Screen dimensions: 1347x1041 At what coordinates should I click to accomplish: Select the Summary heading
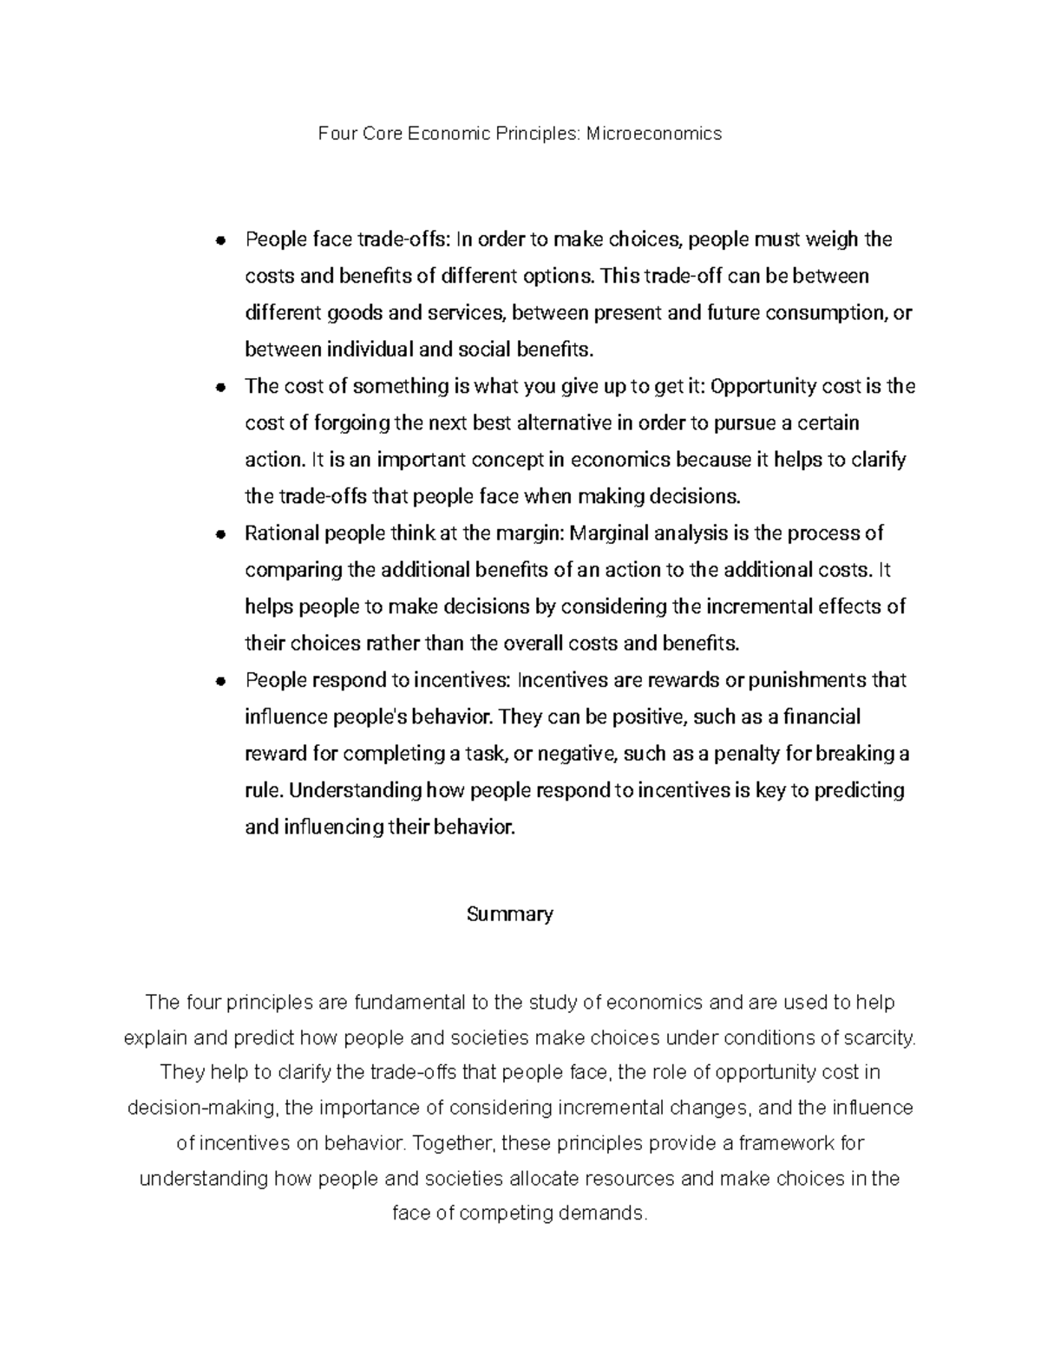click(x=510, y=914)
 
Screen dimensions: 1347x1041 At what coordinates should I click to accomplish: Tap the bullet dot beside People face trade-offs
click(x=222, y=240)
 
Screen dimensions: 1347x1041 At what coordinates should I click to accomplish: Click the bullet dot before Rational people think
click(x=222, y=534)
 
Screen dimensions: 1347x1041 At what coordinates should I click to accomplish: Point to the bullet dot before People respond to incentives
click(x=222, y=682)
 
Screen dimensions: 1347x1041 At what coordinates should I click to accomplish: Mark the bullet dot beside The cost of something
click(x=222, y=388)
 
